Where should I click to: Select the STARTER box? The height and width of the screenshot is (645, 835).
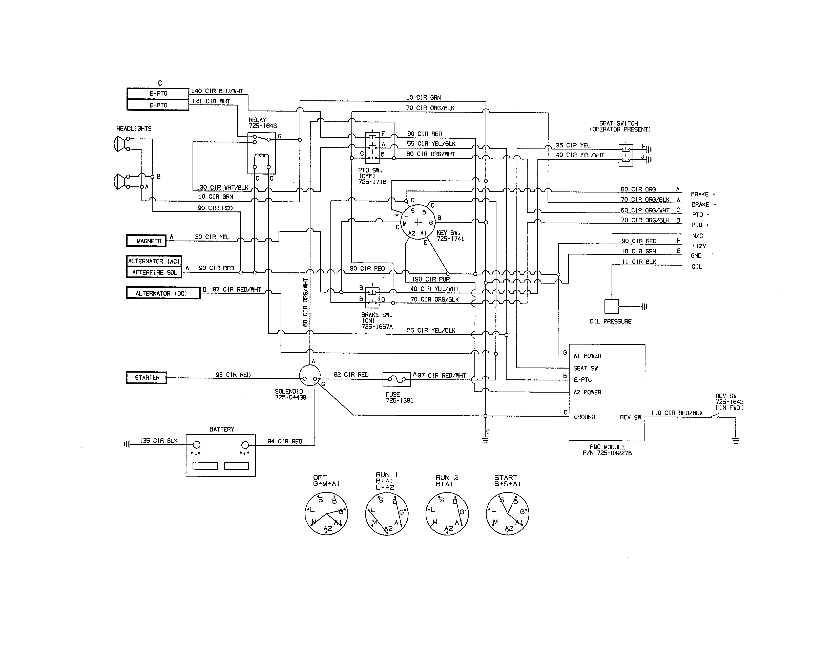tap(147, 378)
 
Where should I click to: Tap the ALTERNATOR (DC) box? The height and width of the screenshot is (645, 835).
tap(163, 293)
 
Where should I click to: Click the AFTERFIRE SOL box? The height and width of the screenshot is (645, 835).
tap(154, 272)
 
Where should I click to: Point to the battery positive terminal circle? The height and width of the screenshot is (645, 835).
tap(245, 445)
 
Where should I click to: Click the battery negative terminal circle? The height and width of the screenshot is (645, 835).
tap(197, 445)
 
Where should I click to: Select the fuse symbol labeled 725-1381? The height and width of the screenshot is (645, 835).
tap(396, 379)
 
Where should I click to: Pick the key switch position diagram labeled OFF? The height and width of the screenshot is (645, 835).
tap(326, 513)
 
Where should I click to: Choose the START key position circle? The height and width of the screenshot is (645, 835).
tap(507, 513)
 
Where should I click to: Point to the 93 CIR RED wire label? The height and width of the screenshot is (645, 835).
tap(233, 375)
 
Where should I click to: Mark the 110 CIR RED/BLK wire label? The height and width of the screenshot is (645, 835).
tap(677, 413)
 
